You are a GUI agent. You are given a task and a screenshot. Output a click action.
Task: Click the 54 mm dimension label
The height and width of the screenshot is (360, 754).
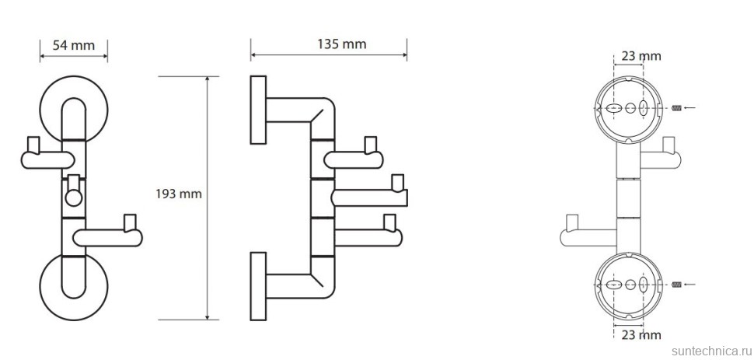coord(74,45)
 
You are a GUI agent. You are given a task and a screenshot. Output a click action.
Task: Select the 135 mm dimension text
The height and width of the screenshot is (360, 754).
coord(342,44)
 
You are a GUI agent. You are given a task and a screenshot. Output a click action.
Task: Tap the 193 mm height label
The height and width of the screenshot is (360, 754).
coord(180,194)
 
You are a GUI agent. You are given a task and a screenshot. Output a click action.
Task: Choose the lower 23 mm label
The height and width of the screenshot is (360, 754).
coord(642,335)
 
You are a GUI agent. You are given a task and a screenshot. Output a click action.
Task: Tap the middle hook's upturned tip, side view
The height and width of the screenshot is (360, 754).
coord(400,183)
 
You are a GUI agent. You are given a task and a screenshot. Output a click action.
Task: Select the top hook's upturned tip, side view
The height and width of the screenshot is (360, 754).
coord(368,144)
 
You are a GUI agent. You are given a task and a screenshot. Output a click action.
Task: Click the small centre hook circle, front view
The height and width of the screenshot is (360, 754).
coord(73,197)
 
